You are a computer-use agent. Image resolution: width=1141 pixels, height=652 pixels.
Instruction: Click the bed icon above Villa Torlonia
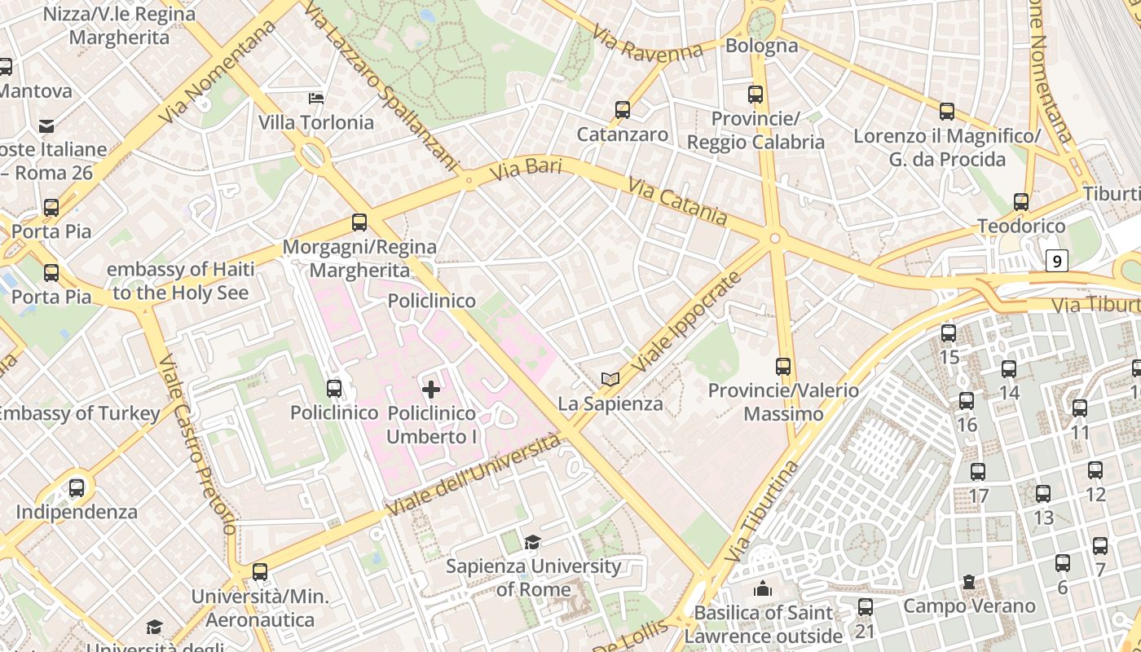coord(316,99)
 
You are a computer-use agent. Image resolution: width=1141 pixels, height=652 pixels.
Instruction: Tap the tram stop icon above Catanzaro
coord(623,109)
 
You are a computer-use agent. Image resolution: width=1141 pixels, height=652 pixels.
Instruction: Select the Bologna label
coord(761,46)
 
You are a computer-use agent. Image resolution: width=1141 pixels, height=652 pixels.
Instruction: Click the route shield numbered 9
coord(1057,262)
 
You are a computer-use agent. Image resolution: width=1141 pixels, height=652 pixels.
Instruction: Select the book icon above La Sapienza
coord(610,379)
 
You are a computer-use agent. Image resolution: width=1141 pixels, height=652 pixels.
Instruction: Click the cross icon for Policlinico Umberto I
coord(431,390)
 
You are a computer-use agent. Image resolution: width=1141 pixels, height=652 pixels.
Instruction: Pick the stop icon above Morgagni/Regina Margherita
coord(359,222)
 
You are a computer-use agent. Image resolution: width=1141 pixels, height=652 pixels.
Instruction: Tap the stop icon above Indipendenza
coord(77,488)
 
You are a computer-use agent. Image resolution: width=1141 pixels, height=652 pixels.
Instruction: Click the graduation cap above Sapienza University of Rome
coord(532,542)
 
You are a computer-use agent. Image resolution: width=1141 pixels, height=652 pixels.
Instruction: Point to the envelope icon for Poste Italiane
coord(46,126)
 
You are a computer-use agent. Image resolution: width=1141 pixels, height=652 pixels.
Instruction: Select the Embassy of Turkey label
coord(78,413)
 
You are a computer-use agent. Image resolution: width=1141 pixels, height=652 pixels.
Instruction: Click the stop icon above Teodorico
coord(1021,201)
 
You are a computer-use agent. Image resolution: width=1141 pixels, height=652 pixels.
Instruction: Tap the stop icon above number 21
coord(866,607)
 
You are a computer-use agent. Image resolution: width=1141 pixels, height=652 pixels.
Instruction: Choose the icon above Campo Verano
coord(968,582)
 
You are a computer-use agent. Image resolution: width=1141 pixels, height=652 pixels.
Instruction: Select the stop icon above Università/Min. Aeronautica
coord(260,572)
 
